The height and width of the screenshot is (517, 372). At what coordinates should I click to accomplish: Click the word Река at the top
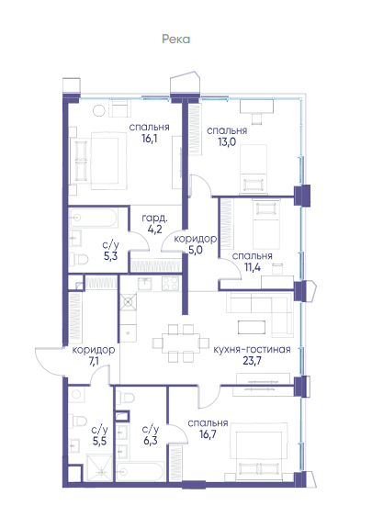coord(175,39)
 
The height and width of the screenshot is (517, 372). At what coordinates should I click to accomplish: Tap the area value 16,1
coord(150,139)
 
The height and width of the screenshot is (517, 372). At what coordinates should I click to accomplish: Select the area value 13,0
coord(227,142)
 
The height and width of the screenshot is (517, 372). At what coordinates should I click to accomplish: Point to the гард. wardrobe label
coord(154,219)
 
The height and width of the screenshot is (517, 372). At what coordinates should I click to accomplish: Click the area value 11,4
coord(253,267)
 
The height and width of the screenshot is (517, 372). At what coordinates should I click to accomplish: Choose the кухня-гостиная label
coord(252,350)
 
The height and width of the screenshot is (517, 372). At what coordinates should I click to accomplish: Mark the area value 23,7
coord(252,361)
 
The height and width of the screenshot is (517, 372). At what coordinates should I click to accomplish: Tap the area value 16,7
coord(208,434)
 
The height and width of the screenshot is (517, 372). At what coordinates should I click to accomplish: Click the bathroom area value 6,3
coord(151,440)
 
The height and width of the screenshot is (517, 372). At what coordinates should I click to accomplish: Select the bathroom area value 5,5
coord(99,441)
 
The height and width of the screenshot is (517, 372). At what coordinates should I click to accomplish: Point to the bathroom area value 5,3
coord(110,256)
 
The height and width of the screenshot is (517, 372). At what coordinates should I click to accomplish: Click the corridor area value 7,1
coord(94,362)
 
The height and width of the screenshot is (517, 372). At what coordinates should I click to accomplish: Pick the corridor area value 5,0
coord(196,250)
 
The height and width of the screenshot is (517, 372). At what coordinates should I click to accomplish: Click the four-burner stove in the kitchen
coord(171,284)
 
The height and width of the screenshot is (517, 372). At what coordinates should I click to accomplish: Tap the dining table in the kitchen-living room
coord(180,343)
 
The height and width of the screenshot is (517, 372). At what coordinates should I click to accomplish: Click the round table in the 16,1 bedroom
coord(99,110)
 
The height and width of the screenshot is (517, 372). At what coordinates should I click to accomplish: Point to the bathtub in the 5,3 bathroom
coord(94,218)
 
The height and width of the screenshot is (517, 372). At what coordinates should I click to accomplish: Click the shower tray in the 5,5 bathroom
coord(99,467)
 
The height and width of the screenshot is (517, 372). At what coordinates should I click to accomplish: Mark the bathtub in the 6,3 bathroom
coord(141,471)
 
